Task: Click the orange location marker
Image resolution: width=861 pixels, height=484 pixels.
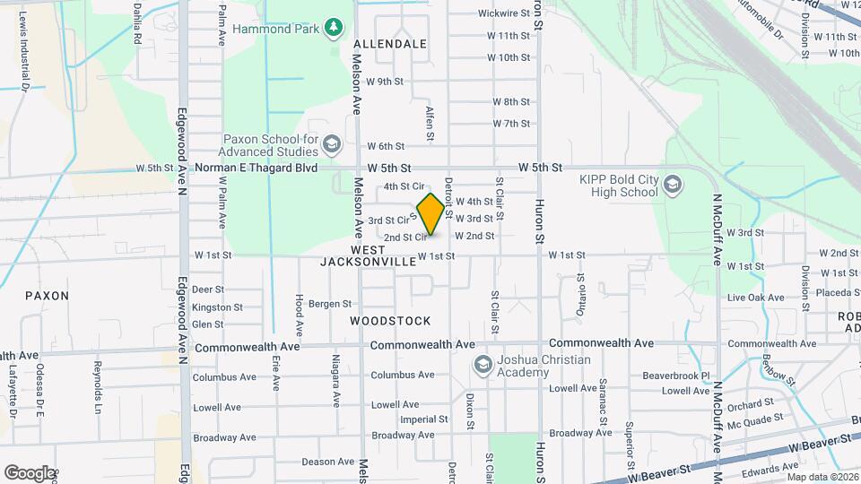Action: pyautogui.click(x=430, y=214)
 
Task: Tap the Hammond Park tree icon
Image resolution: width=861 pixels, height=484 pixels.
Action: pyautogui.click(x=334, y=28)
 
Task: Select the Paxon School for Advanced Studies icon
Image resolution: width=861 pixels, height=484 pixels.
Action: pyautogui.click(x=332, y=144)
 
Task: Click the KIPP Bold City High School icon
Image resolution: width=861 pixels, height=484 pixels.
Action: pyautogui.click(x=673, y=186)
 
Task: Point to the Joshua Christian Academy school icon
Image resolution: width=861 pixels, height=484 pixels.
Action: pyautogui.click(x=483, y=365)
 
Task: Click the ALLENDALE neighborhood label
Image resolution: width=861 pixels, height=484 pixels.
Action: pyautogui.click(x=390, y=44)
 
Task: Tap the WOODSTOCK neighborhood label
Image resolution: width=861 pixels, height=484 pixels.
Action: pyautogui.click(x=390, y=321)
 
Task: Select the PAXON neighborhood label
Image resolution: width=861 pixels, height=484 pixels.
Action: pyautogui.click(x=47, y=295)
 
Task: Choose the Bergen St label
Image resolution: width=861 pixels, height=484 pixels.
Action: pyautogui.click(x=328, y=305)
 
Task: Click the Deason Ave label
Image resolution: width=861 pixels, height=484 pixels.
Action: pyautogui.click(x=327, y=462)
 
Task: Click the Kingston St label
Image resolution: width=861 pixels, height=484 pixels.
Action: pyautogui.click(x=217, y=307)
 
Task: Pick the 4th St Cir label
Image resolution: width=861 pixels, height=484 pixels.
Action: pyautogui.click(x=403, y=186)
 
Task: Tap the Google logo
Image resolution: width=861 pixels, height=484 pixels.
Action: pyautogui.click(x=29, y=472)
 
